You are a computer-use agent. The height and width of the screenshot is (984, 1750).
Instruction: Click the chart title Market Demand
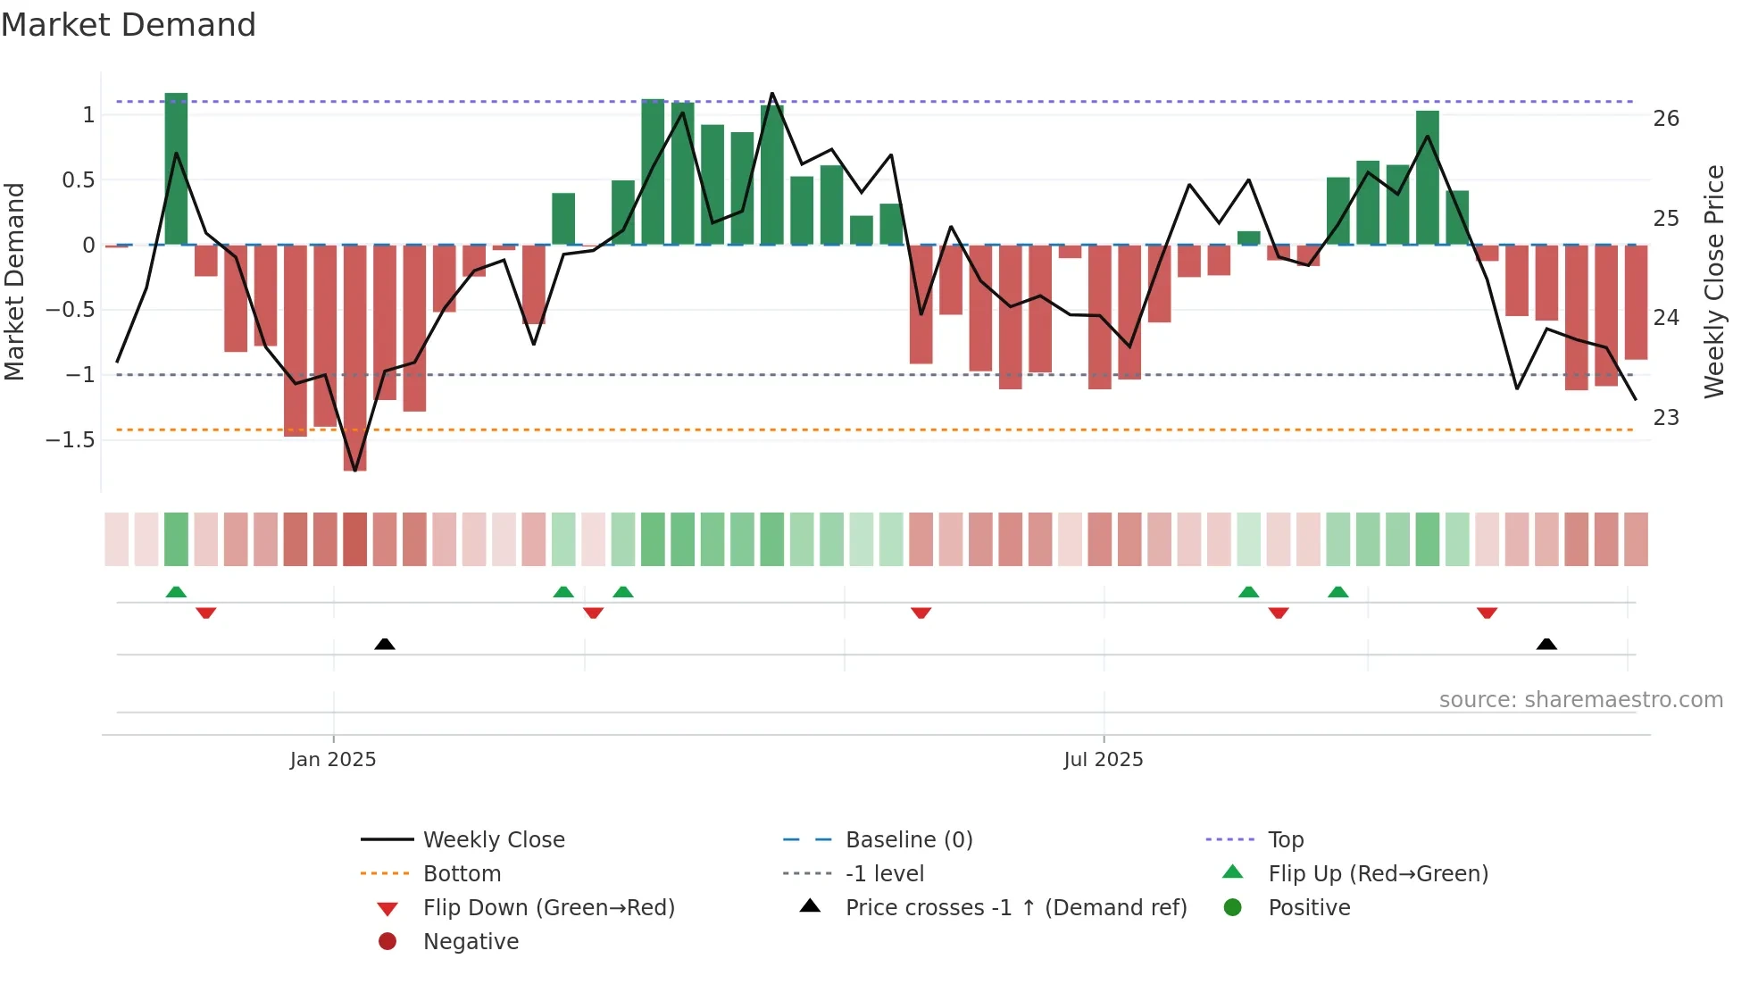[129, 25]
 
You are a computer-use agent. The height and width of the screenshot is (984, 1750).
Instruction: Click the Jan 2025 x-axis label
[333, 759]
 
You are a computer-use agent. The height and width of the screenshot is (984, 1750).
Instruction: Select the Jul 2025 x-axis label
[1103, 759]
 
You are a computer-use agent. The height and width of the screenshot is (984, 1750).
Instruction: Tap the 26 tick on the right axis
[1665, 119]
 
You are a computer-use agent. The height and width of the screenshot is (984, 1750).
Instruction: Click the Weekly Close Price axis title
[1713, 281]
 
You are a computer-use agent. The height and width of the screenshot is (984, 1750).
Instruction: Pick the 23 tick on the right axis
[1665, 418]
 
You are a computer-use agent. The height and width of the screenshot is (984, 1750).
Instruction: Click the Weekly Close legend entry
[493, 839]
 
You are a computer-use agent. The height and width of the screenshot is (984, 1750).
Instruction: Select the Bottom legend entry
[462, 873]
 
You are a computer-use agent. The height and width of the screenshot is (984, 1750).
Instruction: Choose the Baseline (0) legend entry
[908, 839]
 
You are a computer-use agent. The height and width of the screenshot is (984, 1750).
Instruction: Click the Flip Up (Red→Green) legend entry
[1378, 873]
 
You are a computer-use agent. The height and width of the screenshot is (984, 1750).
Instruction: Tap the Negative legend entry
[471, 941]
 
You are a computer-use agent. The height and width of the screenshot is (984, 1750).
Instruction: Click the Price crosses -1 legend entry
[1015, 907]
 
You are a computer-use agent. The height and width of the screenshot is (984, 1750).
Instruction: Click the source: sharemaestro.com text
[1580, 699]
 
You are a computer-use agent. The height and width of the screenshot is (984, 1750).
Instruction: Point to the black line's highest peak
[772, 94]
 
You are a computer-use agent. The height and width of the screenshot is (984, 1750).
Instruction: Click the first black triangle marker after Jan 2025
[385, 644]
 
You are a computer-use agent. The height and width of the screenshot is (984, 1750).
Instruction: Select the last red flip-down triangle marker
[1487, 613]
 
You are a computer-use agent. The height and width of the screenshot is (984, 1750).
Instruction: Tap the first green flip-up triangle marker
[176, 592]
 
